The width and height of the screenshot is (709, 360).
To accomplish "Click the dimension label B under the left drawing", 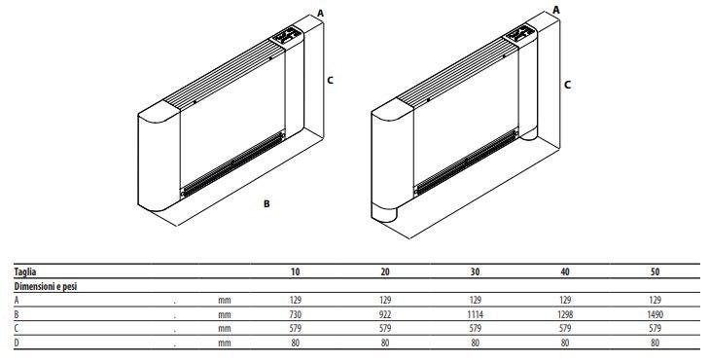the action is pyautogui.click(x=266, y=204).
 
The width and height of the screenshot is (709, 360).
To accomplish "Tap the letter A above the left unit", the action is pyautogui.click(x=320, y=13).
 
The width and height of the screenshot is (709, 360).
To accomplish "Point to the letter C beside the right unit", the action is pyautogui.click(x=567, y=85).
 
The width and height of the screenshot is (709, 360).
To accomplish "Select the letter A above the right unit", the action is pyautogui.click(x=556, y=10).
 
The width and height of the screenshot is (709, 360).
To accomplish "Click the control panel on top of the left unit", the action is pyautogui.click(x=286, y=36).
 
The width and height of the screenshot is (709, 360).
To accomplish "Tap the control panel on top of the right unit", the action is pyautogui.click(x=519, y=33).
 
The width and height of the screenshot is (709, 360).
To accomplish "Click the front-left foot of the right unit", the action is pyautogui.click(x=383, y=213).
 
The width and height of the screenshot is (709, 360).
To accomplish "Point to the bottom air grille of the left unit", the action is pyautogui.click(x=232, y=163).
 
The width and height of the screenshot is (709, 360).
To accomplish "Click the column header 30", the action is pyautogui.click(x=475, y=271).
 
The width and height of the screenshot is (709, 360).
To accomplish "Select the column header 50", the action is pyautogui.click(x=655, y=271).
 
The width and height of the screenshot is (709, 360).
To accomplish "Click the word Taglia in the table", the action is pyautogui.click(x=25, y=272).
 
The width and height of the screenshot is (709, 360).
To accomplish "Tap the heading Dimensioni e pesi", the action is pyautogui.click(x=46, y=287).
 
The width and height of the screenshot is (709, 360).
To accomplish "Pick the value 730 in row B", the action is pyautogui.click(x=296, y=314).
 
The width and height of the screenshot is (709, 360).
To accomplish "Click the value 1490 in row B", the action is pyautogui.click(x=655, y=314).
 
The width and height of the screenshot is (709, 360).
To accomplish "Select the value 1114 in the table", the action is pyautogui.click(x=475, y=314).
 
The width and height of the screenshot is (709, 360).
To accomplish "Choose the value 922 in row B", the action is pyautogui.click(x=385, y=314).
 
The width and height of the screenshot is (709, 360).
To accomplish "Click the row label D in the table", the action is pyautogui.click(x=17, y=342).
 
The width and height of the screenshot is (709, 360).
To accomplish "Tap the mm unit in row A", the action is pyautogui.click(x=225, y=301).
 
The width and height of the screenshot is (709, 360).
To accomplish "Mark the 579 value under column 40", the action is pyautogui.click(x=565, y=328).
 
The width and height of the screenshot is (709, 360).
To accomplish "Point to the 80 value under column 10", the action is pyautogui.click(x=296, y=342).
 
